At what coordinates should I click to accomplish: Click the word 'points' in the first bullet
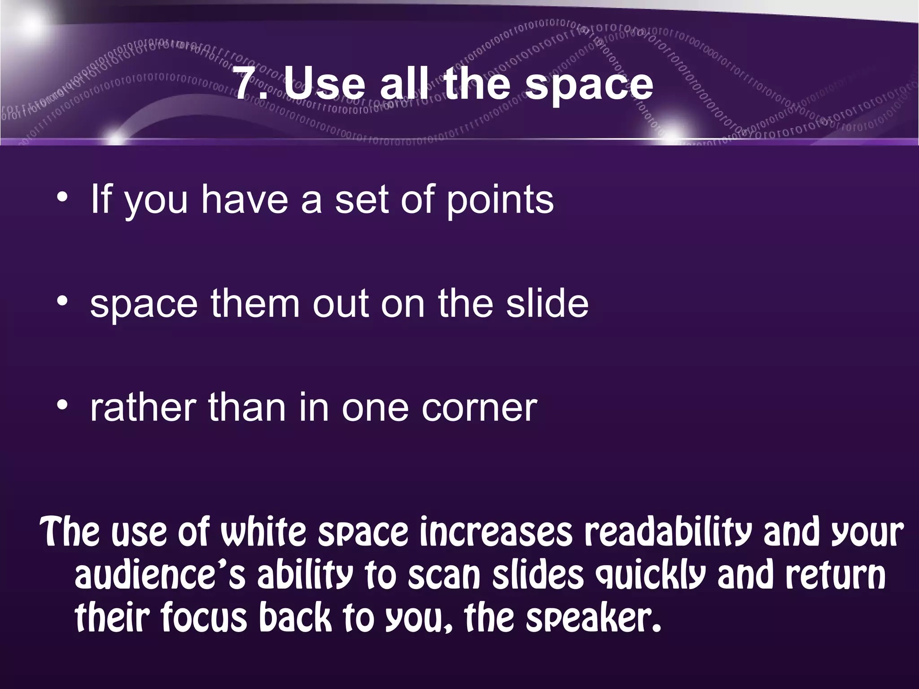[x=499, y=201]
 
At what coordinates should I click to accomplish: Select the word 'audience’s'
[x=160, y=576]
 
